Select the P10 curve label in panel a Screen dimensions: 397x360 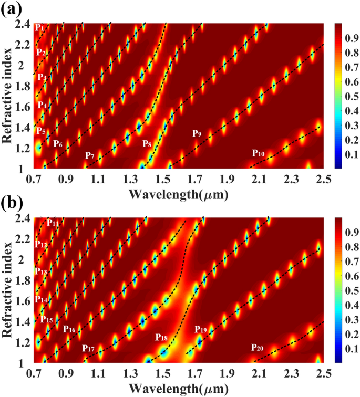[258, 153]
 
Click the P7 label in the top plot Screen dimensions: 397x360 [90, 156]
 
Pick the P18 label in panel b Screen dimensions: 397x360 [161, 338]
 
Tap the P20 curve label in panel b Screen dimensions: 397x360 [258, 348]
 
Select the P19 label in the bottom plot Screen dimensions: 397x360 [201, 330]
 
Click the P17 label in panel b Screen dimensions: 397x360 [88, 349]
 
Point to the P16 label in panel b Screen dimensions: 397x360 [69, 329]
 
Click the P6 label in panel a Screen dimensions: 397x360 [58, 143]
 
